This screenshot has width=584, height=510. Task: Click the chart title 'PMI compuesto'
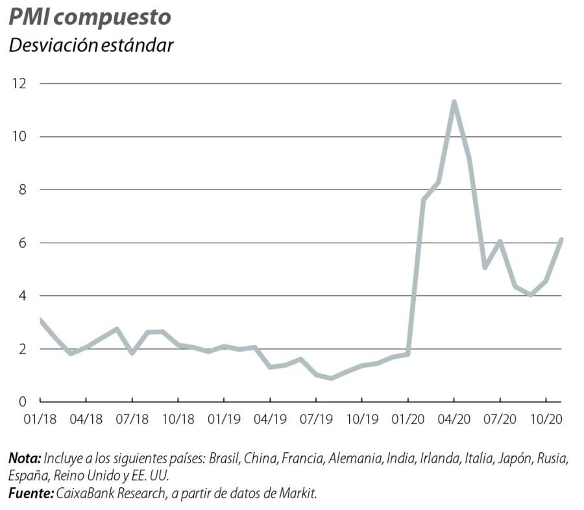click(x=90, y=18)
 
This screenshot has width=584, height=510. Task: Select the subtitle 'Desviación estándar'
click(x=91, y=46)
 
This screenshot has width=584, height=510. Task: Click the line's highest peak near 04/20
click(x=454, y=102)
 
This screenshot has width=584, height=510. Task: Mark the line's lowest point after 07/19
click(x=332, y=378)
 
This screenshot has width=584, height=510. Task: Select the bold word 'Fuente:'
click(x=31, y=494)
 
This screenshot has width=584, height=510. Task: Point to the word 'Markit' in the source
click(x=299, y=494)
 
